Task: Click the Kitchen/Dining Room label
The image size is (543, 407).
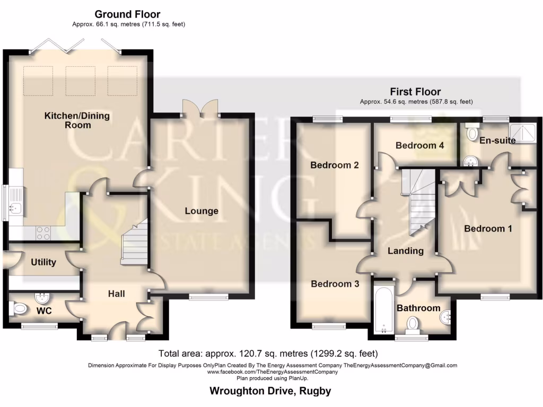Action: click(67, 120)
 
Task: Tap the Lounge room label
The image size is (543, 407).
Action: click(202, 211)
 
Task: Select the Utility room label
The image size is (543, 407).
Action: click(43, 262)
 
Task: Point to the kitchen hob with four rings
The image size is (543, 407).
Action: click(43, 233)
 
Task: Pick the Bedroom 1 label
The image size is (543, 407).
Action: click(488, 229)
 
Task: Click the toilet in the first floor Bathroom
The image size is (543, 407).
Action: click(413, 323)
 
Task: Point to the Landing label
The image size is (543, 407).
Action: click(405, 251)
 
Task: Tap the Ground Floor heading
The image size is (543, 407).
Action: click(127, 14)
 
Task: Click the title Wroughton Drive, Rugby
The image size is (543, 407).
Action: click(270, 392)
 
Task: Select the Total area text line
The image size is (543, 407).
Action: click(268, 353)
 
